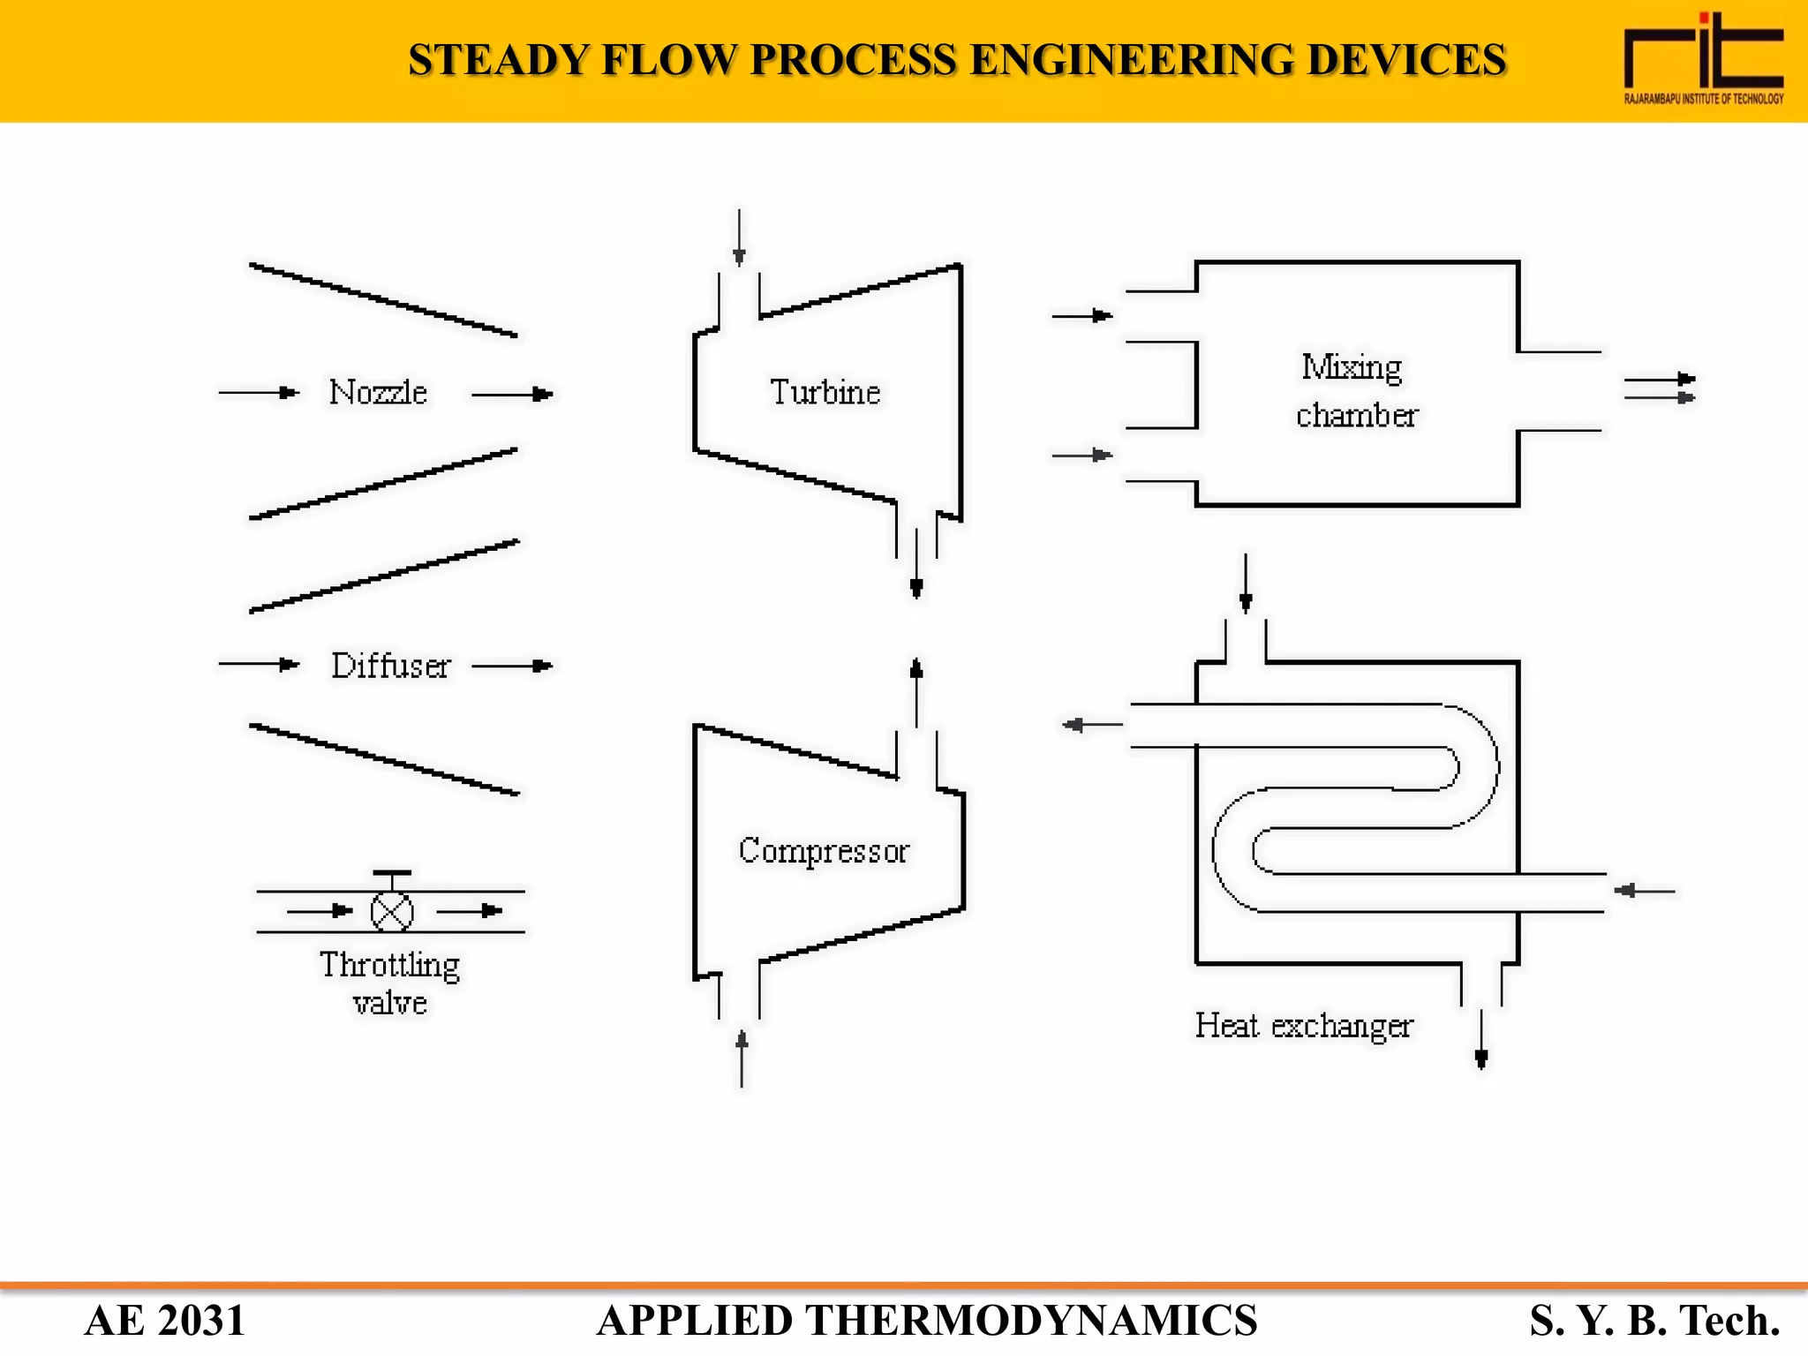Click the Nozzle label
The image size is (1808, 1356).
point(378,392)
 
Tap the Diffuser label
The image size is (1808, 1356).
point(390,666)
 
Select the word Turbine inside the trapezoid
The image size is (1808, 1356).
point(825,392)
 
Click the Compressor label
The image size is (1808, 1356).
point(824,850)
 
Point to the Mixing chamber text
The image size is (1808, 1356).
point(1355,390)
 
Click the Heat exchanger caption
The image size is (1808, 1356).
point(1303,1026)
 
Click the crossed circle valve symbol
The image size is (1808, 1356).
point(392,912)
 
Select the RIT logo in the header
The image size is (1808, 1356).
point(1703,58)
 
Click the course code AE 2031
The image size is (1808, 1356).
point(164,1321)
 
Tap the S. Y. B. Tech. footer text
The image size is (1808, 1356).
point(1654,1321)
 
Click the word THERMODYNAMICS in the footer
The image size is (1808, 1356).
point(1030,1321)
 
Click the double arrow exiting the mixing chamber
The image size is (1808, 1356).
point(1659,388)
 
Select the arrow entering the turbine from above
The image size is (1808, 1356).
point(739,238)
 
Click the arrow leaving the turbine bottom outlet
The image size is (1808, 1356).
point(916,565)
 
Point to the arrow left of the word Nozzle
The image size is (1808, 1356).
point(259,392)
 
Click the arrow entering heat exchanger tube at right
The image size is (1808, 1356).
point(1644,891)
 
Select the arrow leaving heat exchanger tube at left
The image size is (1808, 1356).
point(1092,725)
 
